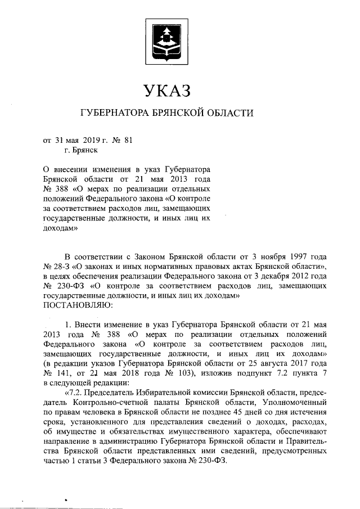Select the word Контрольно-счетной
[x=108, y=403]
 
